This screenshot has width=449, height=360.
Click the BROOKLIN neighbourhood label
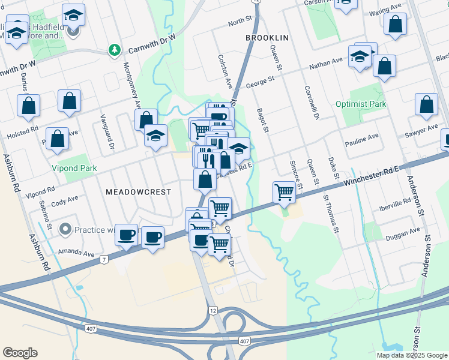point(267,37)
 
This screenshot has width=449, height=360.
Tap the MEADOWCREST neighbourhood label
point(138,192)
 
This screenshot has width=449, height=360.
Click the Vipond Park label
point(74,169)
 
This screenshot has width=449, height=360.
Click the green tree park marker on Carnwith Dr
point(114,50)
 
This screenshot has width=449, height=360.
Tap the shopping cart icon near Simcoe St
point(284,193)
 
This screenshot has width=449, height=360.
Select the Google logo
point(20,353)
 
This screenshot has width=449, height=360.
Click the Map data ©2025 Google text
point(411,355)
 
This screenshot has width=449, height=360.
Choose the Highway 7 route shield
point(104,259)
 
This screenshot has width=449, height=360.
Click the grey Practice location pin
point(65,230)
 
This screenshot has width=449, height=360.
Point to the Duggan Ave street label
point(403,232)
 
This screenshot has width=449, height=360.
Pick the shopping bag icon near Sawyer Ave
point(426,104)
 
